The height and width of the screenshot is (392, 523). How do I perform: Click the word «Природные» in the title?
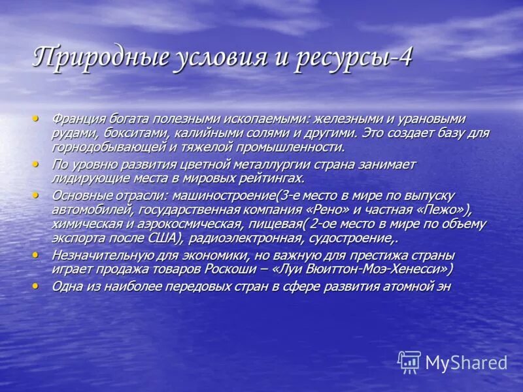(x=92, y=58)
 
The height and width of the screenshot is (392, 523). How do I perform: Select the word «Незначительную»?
(x=101, y=255)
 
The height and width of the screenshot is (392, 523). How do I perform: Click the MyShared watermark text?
(x=466, y=363)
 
